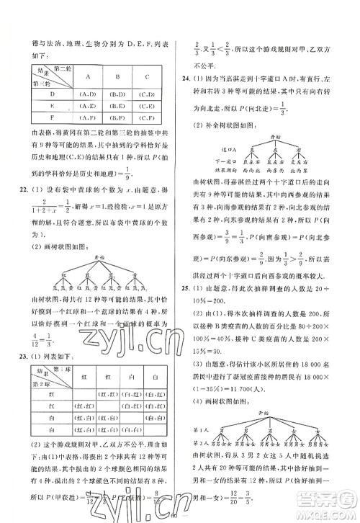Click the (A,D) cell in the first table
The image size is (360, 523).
[x=82, y=92]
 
